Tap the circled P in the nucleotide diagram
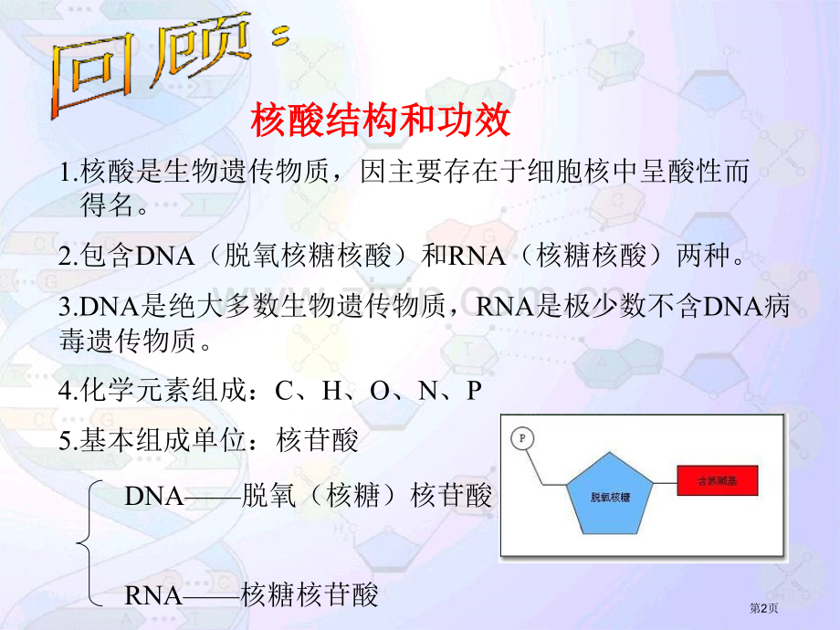pyautogui.click(x=522, y=438)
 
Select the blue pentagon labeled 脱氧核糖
pyautogui.click(x=609, y=495)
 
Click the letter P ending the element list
pyautogui.click(x=473, y=392)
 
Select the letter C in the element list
pyautogui.click(x=283, y=392)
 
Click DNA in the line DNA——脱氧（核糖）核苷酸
pyautogui.click(x=153, y=497)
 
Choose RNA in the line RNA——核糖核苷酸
pyautogui.click(x=153, y=596)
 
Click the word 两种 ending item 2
pyautogui.click(x=705, y=256)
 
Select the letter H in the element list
pyautogui.click(x=331, y=392)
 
